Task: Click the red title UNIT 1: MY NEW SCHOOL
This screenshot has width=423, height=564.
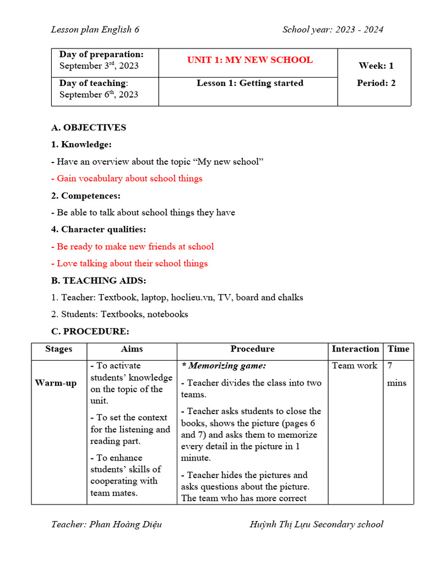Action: [x=250, y=60]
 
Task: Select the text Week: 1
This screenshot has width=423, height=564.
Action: [x=376, y=66]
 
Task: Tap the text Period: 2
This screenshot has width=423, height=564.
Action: [x=376, y=83]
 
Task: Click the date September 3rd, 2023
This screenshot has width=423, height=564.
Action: [x=99, y=66]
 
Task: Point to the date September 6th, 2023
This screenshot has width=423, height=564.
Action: [x=99, y=94]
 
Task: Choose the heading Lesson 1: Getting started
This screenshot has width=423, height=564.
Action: [x=250, y=83]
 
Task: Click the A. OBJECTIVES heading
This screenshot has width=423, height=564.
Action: [x=89, y=127]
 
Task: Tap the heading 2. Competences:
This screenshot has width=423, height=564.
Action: [x=86, y=196]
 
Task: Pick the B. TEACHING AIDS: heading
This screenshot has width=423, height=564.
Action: [x=99, y=280]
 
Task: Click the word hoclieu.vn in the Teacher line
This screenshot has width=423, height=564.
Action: [x=192, y=297]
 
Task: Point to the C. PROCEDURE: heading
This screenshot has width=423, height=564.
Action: [x=90, y=332]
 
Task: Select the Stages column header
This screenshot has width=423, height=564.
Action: [x=59, y=349]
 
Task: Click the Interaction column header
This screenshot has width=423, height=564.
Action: [x=355, y=349]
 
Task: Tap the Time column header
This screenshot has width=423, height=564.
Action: [x=398, y=349]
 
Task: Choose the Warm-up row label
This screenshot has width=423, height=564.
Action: [x=56, y=383]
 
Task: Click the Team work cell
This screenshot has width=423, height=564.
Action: [x=355, y=366]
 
